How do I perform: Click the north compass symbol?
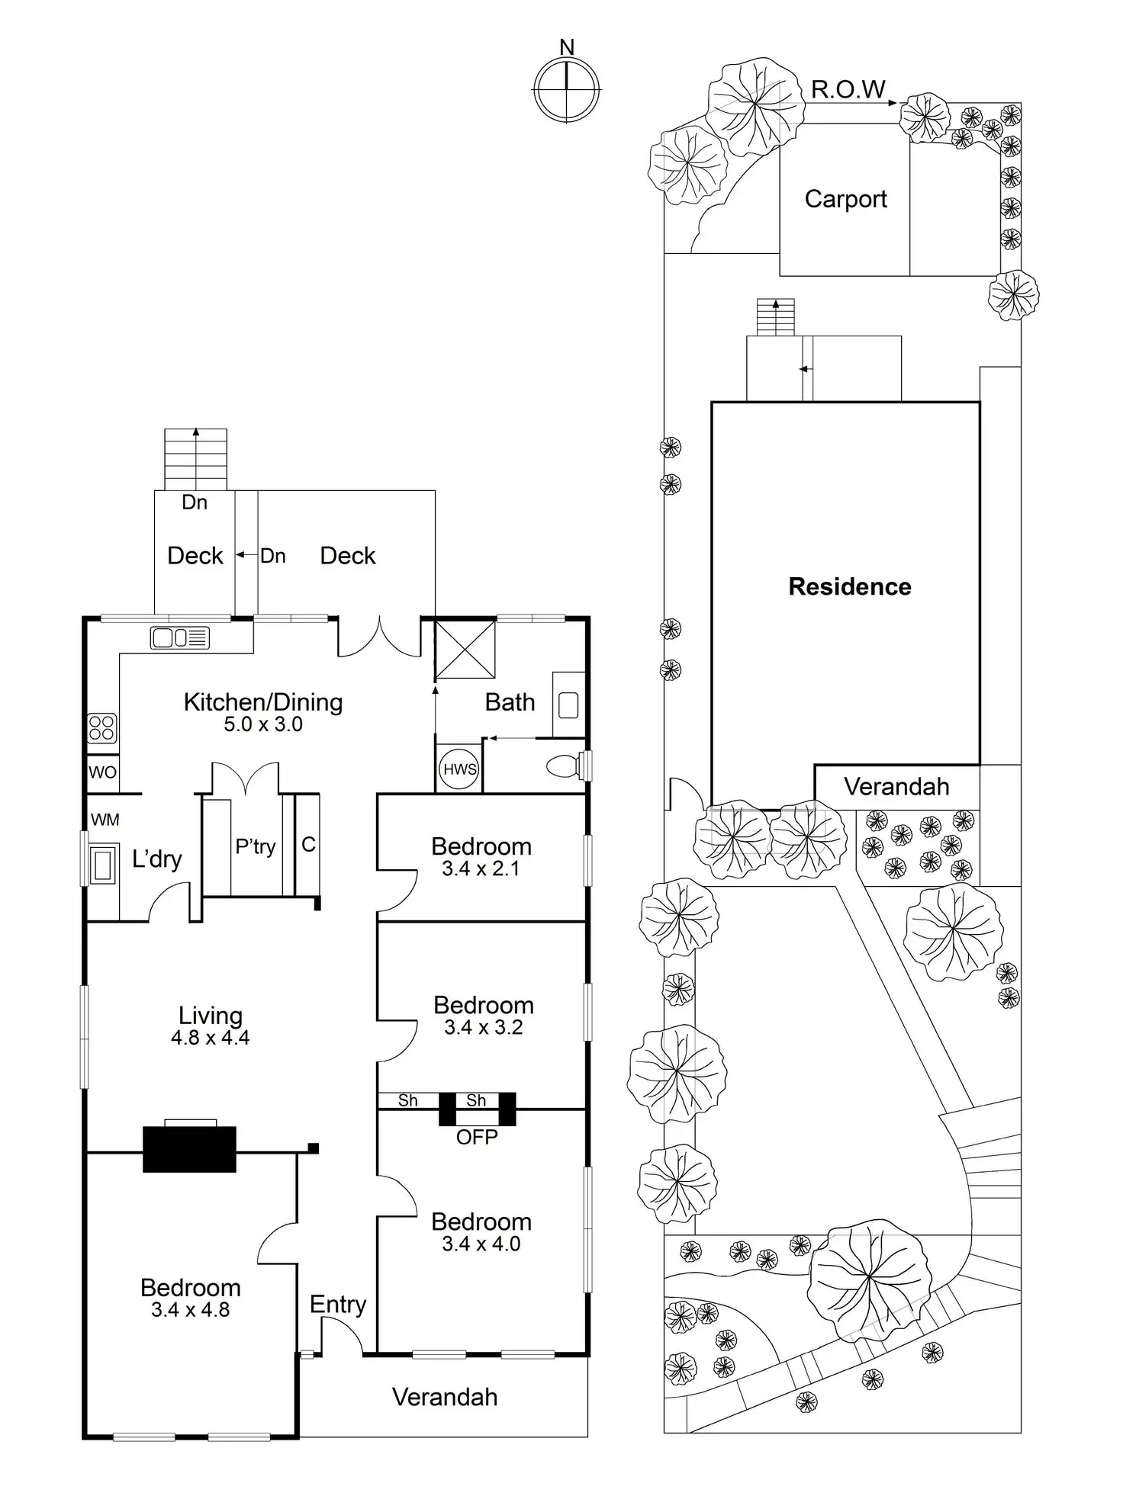coord(566,89)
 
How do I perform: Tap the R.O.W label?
coord(848,90)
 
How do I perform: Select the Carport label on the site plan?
coord(845,199)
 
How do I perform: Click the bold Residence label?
coord(849,586)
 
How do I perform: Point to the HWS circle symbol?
coord(459,769)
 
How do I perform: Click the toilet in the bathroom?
coord(565,766)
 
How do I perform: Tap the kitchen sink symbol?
coord(180,637)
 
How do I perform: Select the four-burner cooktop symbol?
coord(101,727)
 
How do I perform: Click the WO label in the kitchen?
coord(102,772)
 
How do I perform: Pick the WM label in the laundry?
coord(105,820)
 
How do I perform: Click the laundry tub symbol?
coord(103,864)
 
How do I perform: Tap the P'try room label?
coord(255,846)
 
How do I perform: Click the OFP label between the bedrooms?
coord(477,1137)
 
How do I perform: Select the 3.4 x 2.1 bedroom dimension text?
coord(481,868)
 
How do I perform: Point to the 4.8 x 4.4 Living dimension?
coord(210,1038)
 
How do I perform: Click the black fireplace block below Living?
coord(189,1148)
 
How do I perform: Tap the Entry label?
coord(338,1305)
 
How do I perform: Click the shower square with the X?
coord(465,649)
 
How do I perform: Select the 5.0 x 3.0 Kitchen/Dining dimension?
coord(263,724)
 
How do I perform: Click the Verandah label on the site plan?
coord(896,787)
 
